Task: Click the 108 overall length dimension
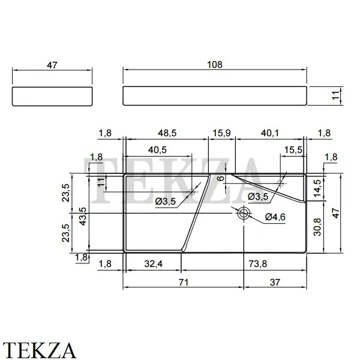pos(215,65)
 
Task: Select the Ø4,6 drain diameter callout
pos(275,217)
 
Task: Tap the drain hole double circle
pos(244,213)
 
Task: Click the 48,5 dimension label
pos(167,133)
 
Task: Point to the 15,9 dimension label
pos(221,133)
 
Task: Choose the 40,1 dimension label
pos(270,133)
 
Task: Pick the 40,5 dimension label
pos(157,150)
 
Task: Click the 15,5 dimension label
pos(293,150)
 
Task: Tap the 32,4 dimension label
pos(154,264)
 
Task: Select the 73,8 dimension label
pos(258,264)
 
